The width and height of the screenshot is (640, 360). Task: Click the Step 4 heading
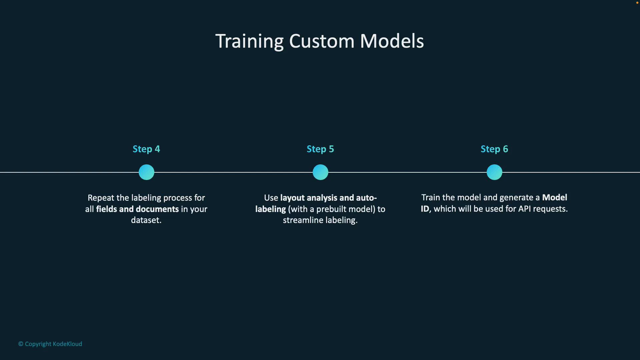[146, 149]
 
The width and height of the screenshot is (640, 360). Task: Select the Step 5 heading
[320, 149]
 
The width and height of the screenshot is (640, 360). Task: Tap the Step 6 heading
[494, 149]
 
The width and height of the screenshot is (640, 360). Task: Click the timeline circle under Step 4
[146, 172]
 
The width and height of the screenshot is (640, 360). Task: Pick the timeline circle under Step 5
[320, 172]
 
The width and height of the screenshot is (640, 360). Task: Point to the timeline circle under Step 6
[494, 172]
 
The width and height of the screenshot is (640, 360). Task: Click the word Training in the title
[249, 41]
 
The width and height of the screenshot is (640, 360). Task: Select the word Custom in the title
[322, 41]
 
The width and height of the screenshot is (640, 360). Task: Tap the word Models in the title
[392, 41]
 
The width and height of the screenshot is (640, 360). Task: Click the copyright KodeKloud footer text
[50, 344]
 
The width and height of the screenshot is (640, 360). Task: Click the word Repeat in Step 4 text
[101, 198]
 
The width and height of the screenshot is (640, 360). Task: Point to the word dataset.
[146, 220]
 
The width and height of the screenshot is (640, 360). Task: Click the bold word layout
[292, 198]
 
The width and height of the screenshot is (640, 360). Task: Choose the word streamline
[303, 220]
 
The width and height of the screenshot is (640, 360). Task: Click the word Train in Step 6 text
[431, 197]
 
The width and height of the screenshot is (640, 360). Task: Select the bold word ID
[425, 209]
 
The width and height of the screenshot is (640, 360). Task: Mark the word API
[524, 209]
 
